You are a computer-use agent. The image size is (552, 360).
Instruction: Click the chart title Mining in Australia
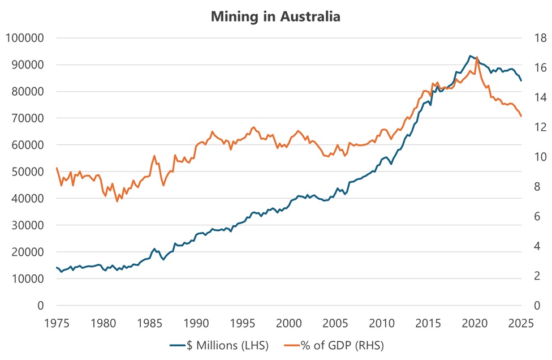[275, 16]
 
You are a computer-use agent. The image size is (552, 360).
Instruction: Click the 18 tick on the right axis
[540, 38]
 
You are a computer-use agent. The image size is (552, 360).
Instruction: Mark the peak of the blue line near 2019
[470, 56]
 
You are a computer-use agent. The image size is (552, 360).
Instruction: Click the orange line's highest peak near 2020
[477, 57]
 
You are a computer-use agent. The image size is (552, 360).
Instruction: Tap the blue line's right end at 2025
[521, 80]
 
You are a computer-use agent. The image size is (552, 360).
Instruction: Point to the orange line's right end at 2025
[521, 117]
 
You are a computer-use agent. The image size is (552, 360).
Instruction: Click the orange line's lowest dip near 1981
[118, 202]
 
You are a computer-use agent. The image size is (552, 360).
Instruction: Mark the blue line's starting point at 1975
[57, 267]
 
